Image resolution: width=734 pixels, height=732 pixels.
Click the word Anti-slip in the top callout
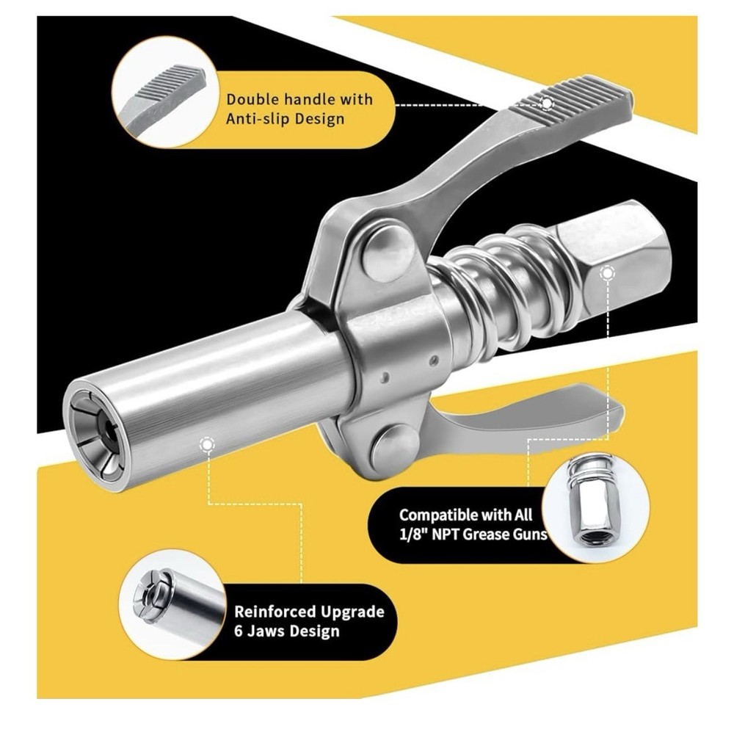[x=258, y=117]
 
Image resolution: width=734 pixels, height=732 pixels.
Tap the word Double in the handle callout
[x=252, y=98]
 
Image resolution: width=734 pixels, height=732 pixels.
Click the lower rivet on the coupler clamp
[x=395, y=447]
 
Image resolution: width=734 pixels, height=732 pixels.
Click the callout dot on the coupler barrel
[x=208, y=444]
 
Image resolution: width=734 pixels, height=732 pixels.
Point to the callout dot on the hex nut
[x=606, y=274]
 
